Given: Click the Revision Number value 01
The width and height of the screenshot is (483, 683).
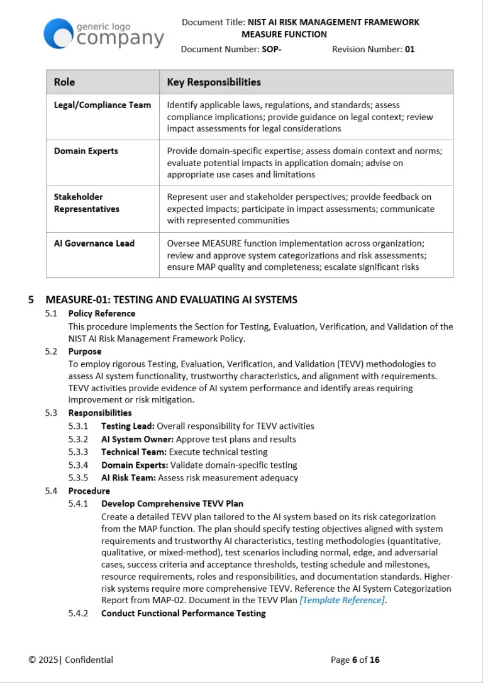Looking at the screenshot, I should [409, 49].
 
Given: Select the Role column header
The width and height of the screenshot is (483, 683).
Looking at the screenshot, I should [64, 82].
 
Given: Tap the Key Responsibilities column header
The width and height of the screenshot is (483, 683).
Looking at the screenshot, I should [213, 82].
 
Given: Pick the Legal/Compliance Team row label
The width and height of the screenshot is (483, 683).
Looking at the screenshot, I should [102, 105].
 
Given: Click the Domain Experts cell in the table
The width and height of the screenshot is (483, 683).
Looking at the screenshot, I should [86, 151].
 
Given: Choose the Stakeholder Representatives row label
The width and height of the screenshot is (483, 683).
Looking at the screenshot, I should [86, 203].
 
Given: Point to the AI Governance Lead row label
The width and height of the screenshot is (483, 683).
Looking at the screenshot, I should [94, 243].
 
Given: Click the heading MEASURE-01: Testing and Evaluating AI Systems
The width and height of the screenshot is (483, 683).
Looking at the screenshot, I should [171, 300].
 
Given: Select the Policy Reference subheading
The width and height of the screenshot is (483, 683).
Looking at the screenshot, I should [101, 313].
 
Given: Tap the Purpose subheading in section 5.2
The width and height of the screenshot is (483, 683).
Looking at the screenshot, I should [84, 352].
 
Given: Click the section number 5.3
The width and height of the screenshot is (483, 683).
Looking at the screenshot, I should [51, 413].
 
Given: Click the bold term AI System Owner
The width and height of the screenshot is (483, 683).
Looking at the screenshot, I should [138, 439].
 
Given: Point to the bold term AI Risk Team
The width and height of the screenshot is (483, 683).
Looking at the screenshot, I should [128, 478].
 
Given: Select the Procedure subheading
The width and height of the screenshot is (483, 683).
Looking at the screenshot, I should [89, 491].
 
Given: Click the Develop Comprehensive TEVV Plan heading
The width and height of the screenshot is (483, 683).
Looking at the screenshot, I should [172, 504].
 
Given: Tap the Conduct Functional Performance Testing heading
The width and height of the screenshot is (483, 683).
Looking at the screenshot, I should [183, 613].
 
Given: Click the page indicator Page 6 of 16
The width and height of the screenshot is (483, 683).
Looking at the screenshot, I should [355, 660].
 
